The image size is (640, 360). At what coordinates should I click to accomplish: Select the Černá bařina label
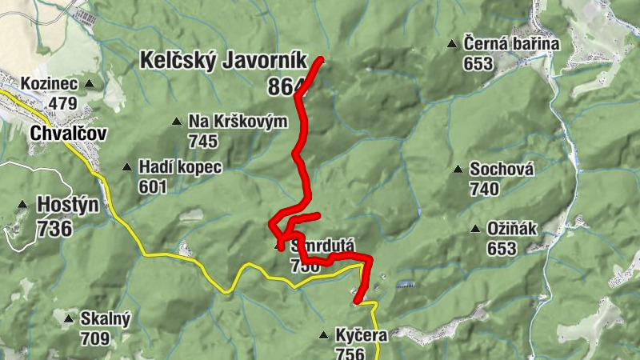click(511, 44)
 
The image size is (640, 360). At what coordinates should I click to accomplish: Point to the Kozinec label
click(49, 82)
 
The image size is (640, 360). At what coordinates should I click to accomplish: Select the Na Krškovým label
click(238, 122)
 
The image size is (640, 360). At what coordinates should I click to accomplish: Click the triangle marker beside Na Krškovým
click(177, 122)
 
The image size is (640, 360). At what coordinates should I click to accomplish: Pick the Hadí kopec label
click(179, 167)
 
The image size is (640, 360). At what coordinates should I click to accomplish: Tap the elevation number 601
click(153, 187)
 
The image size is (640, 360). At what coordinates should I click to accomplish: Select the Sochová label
click(502, 169)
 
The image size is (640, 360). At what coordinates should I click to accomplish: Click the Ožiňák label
click(512, 229)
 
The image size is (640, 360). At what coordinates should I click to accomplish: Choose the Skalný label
click(105, 318)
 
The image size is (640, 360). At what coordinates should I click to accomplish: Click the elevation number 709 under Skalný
click(95, 338)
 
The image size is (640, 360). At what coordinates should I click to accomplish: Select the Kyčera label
click(362, 335)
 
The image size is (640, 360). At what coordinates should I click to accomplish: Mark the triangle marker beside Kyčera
click(323, 335)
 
